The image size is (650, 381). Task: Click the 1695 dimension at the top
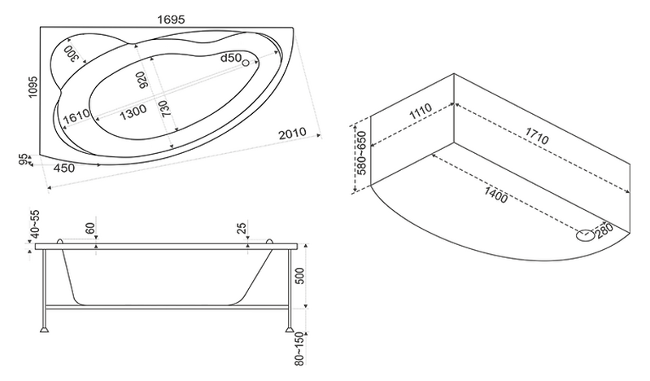(x=171, y=20)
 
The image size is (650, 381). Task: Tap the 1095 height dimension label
(x=33, y=87)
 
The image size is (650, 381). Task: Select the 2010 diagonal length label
(x=293, y=134)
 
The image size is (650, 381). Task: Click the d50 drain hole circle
(x=246, y=63)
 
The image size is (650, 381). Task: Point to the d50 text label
(x=230, y=58)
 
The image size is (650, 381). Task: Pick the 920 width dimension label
(x=142, y=80)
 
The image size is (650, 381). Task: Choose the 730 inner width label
(x=165, y=109)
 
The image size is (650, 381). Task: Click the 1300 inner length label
(x=133, y=112)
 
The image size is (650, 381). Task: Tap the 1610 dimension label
(x=76, y=116)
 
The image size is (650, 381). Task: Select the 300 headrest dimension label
(x=72, y=54)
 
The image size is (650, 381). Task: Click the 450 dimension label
(x=64, y=168)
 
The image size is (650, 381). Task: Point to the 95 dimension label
(x=25, y=159)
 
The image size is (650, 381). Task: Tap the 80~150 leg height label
(x=299, y=349)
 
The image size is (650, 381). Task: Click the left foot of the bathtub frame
(x=44, y=331)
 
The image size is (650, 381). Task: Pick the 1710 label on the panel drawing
(x=537, y=136)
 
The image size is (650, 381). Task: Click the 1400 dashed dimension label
(x=495, y=195)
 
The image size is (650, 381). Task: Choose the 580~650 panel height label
(x=361, y=153)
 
